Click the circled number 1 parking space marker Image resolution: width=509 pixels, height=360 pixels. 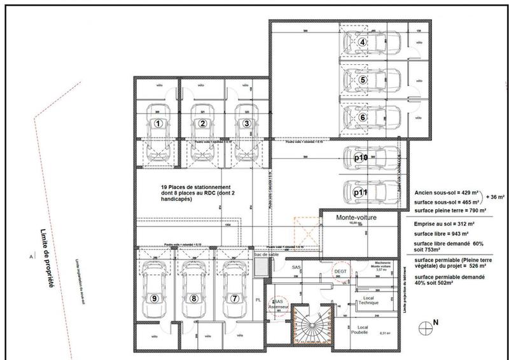[158, 123]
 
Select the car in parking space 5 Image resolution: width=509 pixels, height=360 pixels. [369, 80]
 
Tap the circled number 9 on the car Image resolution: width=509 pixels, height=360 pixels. [153, 298]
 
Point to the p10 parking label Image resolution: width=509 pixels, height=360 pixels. [360, 158]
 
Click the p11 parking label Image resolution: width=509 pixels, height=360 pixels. [360, 190]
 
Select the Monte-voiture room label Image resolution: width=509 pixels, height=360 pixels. [357, 218]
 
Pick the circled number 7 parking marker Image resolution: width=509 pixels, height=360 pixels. [235, 298]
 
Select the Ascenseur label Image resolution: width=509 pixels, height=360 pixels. [279, 306]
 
